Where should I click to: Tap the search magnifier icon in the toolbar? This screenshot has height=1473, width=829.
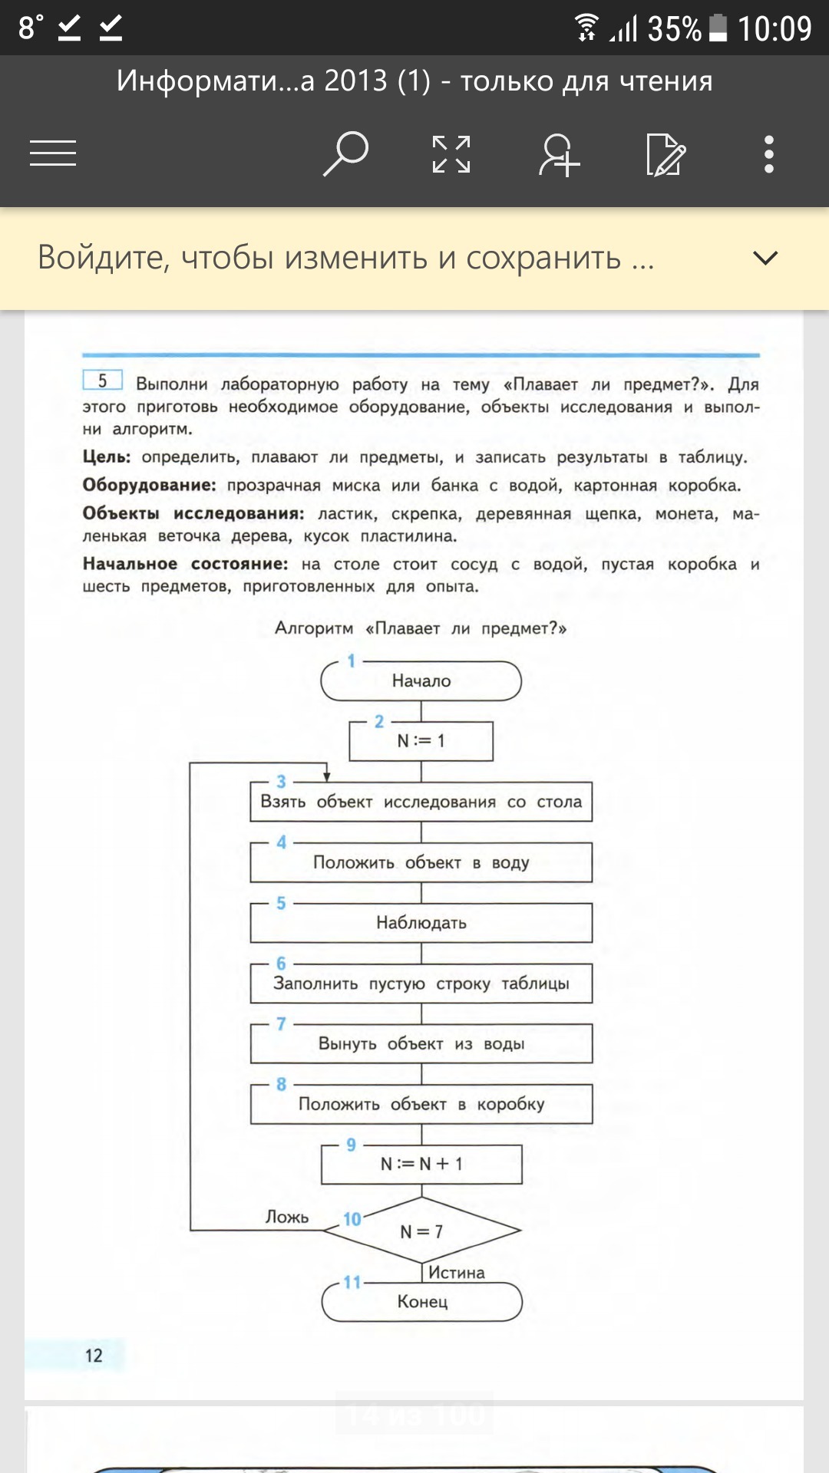[345, 153]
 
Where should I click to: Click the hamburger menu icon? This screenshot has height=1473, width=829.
[53, 153]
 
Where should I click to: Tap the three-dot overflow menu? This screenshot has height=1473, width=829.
[768, 154]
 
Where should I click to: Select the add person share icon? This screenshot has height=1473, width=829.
[559, 154]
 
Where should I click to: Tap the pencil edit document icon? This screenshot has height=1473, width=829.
[665, 154]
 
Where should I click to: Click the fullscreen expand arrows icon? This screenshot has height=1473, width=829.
[451, 154]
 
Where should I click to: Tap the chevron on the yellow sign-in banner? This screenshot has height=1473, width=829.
[765, 258]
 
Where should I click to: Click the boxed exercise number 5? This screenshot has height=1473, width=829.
[102, 381]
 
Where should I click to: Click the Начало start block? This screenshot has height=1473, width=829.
[421, 681]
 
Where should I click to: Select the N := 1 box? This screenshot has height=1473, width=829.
[421, 741]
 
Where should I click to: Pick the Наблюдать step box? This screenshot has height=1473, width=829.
[421, 923]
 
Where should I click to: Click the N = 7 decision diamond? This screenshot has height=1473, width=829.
[421, 1231]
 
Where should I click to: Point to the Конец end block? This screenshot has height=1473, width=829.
[422, 1302]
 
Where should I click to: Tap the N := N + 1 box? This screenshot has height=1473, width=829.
[421, 1164]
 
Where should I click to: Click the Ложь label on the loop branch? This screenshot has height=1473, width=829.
[287, 1218]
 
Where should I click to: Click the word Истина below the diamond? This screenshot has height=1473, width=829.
[457, 1273]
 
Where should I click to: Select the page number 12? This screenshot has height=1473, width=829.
[94, 1356]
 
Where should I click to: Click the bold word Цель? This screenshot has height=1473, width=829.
[106, 457]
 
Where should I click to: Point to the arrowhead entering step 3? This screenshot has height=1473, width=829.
[327, 776]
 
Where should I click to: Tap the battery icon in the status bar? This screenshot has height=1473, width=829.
[718, 28]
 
